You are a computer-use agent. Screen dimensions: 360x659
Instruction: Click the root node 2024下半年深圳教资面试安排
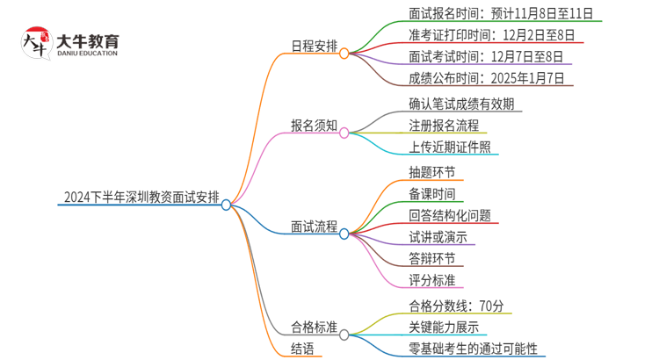tap(141, 197)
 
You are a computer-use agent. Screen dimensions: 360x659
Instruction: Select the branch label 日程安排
tap(315, 46)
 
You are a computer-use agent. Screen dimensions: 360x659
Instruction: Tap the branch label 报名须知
tap(315, 125)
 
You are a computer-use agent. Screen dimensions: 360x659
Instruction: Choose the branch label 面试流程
tap(315, 226)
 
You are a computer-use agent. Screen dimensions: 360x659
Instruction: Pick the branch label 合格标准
tap(315, 327)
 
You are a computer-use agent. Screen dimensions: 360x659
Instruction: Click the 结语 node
tap(307, 349)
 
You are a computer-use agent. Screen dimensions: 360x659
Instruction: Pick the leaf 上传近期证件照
tap(450, 147)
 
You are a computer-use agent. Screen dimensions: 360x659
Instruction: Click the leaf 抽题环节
tap(432, 172)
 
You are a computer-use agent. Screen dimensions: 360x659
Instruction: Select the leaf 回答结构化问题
tap(450, 215)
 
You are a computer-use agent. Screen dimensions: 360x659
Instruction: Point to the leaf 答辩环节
tap(432, 258)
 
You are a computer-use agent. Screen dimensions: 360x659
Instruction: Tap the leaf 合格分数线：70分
tap(456, 306)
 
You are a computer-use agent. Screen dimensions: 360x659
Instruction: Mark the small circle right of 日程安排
tap(344, 54)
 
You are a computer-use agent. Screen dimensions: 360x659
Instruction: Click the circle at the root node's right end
tap(227, 205)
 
